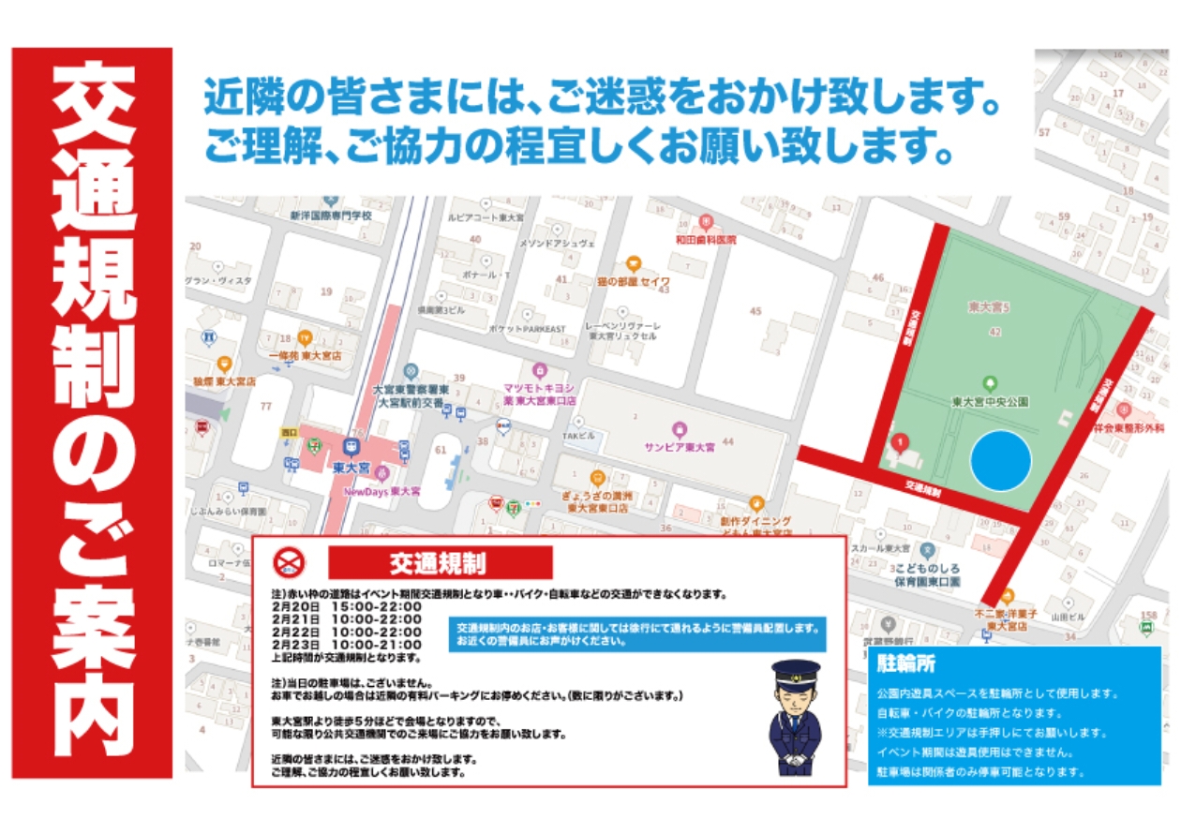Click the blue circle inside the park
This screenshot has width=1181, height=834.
1000,461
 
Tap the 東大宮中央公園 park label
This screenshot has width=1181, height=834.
990,402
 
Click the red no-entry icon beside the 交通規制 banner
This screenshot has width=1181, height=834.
290,562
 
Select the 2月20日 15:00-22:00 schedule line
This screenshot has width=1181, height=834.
347,607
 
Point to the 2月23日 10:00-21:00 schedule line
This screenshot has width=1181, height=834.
347,645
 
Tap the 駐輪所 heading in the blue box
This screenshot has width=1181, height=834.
905,664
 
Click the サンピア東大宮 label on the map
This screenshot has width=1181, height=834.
679,446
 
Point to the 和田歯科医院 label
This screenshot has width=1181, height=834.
706,240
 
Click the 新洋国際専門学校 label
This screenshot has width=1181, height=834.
330,216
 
